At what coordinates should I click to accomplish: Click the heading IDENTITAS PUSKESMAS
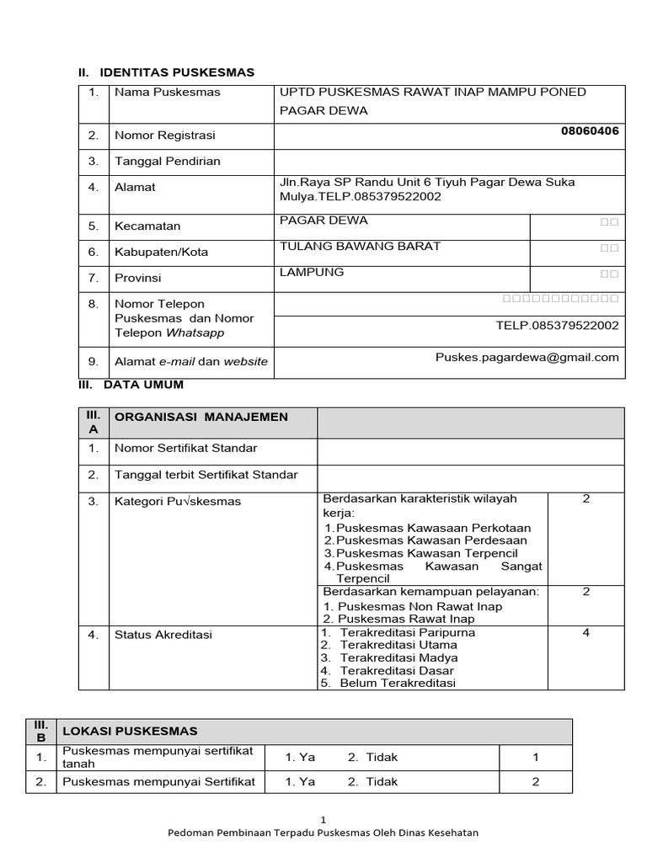pyautogui.click(x=176, y=72)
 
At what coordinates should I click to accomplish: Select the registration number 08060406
pyautogui.click(x=590, y=130)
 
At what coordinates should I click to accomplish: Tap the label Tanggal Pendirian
pyautogui.click(x=167, y=161)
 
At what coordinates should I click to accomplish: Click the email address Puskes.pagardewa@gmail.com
pyautogui.click(x=527, y=357)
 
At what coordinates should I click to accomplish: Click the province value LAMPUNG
pyautogui.click(x=312, y=273)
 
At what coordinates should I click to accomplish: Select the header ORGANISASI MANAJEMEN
pyautogui.click(x=201, y=417)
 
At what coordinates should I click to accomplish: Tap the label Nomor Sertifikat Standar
pyautogui.click(x=185, y=448)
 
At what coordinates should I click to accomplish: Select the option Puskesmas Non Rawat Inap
pyautogui.click(x=419, y=606)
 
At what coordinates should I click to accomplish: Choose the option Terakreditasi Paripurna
pyautogui.click(x=408, y=632)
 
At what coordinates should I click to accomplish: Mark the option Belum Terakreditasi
pyautogui.click(x=398, y=683)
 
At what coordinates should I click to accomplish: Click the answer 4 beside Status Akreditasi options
pyautogui.click(x=586, y=633)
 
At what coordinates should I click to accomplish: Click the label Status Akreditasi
pyautogui.click(x=163, y=635)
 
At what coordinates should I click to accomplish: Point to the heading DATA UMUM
pyautogui.click(x=143, y=385)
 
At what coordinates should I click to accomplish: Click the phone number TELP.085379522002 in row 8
pyautogui.click(x=557, y=326)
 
